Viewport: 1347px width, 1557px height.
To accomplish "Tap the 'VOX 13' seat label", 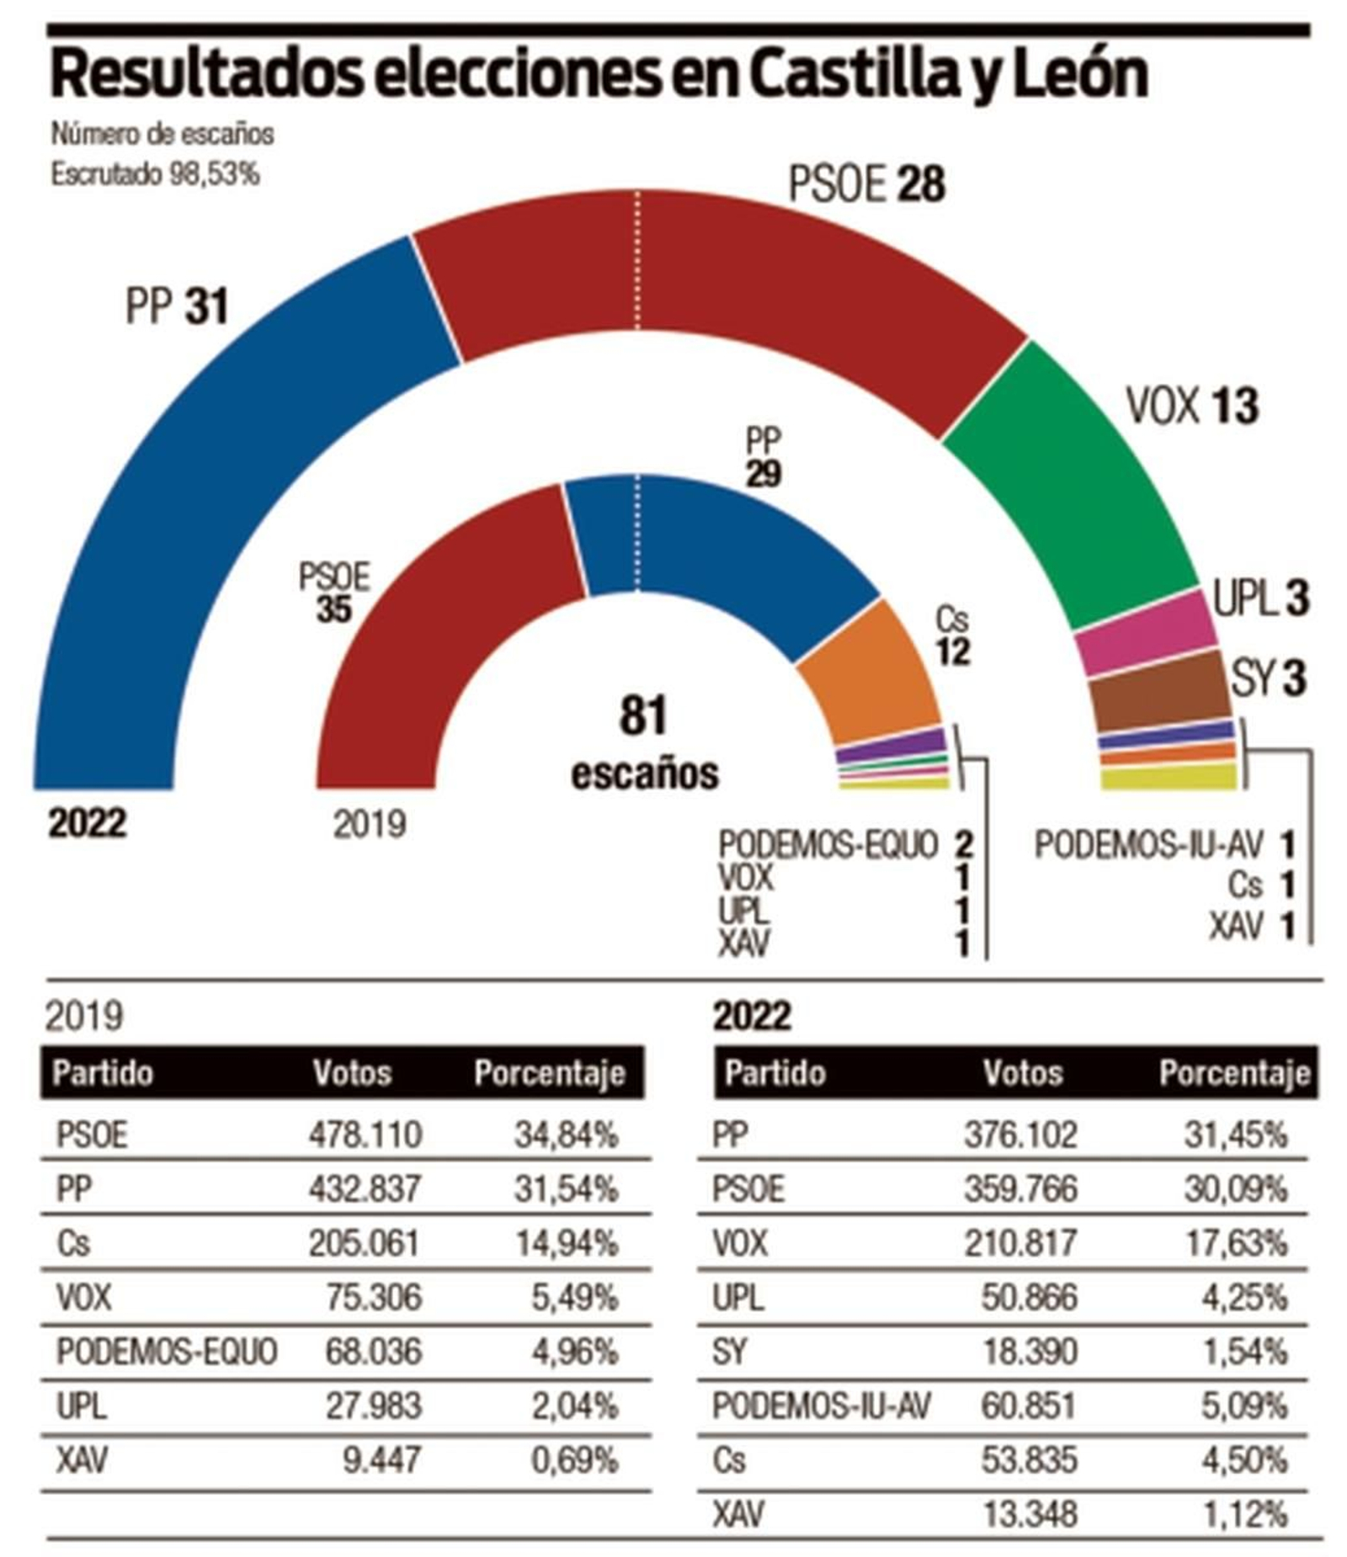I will pyautogui.click(x=1191, y=407).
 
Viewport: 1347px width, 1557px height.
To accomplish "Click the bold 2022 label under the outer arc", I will pyautogui.click(x=87, y=823).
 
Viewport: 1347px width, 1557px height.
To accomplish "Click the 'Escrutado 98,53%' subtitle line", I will pyautogui.click(x=155, y=174).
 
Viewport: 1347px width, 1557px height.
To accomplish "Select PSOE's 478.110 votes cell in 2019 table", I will pyautogui.click(x=364, y=1135).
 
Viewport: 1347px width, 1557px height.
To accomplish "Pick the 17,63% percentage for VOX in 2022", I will pyautogui.click(x=1235, y=1242).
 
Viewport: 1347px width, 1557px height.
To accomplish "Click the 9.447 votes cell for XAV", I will pyautogui.click(x=381, y=1459).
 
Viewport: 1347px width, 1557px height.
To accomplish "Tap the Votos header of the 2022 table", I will pyautogui.click(x=1023, y=1073).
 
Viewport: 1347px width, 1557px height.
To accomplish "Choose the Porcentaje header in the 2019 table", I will pyautogui.click(x=549, y=1073).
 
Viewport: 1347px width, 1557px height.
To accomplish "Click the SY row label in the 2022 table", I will pyautogui.click(x=729, y=1351).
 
